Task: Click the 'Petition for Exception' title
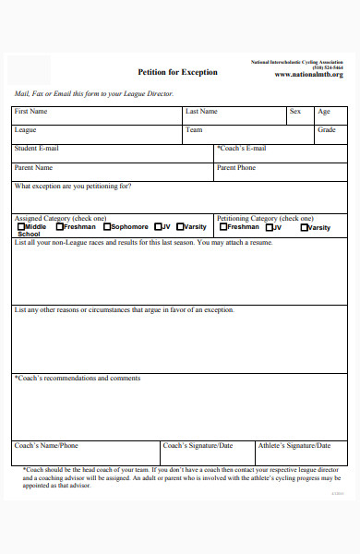pos(177,72)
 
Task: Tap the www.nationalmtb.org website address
pos(309,75)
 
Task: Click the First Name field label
pos(30,112)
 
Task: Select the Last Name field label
pos(201,112)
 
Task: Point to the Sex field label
pos(295,112)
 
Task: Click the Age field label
pos(324,112)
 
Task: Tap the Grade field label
pos(327,130)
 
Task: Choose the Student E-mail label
pos(37,149)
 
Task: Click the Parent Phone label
pos(236,168)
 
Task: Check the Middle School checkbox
pos(19,226)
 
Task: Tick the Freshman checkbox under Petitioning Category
pos(222,226)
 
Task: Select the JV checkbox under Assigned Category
pos(158,226)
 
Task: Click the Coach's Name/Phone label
pos(46,446)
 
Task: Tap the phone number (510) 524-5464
pos(327,67)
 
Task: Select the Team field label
pos(194,130)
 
